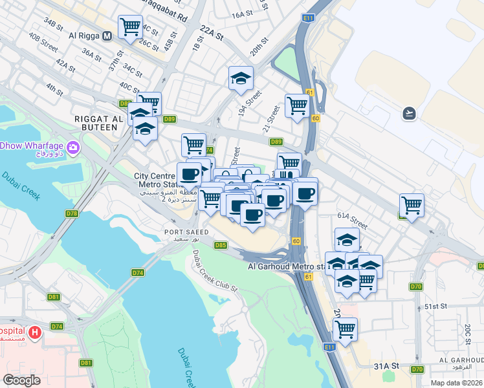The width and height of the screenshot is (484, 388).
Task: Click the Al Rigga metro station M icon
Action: [x=106, y=36]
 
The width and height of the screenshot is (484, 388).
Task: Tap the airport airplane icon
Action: [x=409, y=114]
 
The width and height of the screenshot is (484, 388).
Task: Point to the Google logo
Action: [x=22, y=380]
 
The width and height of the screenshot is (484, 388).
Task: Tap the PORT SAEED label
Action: [x=186, y=232]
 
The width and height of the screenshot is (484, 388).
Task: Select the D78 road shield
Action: [x=72, y=213]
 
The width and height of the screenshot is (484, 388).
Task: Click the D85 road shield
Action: [x=221, y=245]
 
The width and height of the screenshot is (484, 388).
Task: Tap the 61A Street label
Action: [x=352, y=221]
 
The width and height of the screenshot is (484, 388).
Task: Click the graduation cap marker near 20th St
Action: [x=241, y=78]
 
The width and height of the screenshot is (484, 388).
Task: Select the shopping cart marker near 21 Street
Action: [x=296, y=105]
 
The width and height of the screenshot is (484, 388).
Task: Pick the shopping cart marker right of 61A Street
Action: [x=412, y=205]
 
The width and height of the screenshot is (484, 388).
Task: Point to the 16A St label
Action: [x=241, y=14]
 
